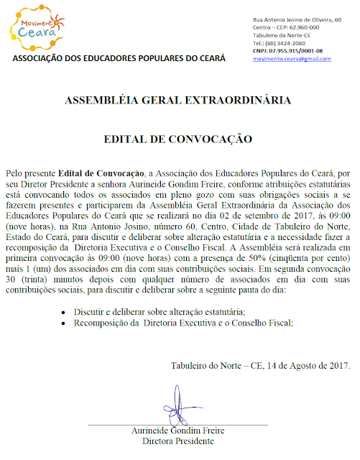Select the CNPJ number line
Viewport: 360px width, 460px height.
[287, 50]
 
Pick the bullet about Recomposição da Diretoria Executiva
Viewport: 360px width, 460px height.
[183, 323]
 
